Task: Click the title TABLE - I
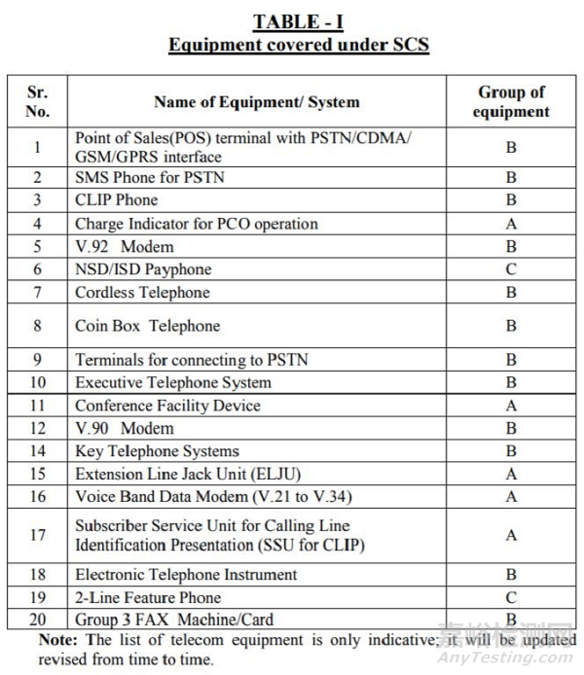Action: click(x=298, y=21)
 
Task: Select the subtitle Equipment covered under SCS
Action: click(x=298, y=45)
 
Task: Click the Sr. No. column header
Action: click(x=37, y=101)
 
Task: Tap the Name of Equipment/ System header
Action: click(x=256, y=101)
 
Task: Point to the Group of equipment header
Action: click(x=511, y=101)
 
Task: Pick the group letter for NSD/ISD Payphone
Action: click(x=511, y=269)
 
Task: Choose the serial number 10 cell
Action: click(x=37, y=382)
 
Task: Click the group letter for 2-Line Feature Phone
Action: click(x=511, y=597)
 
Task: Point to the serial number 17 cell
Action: click(x=37, y=535)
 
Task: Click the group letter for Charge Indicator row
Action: click(x=511, y=224)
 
